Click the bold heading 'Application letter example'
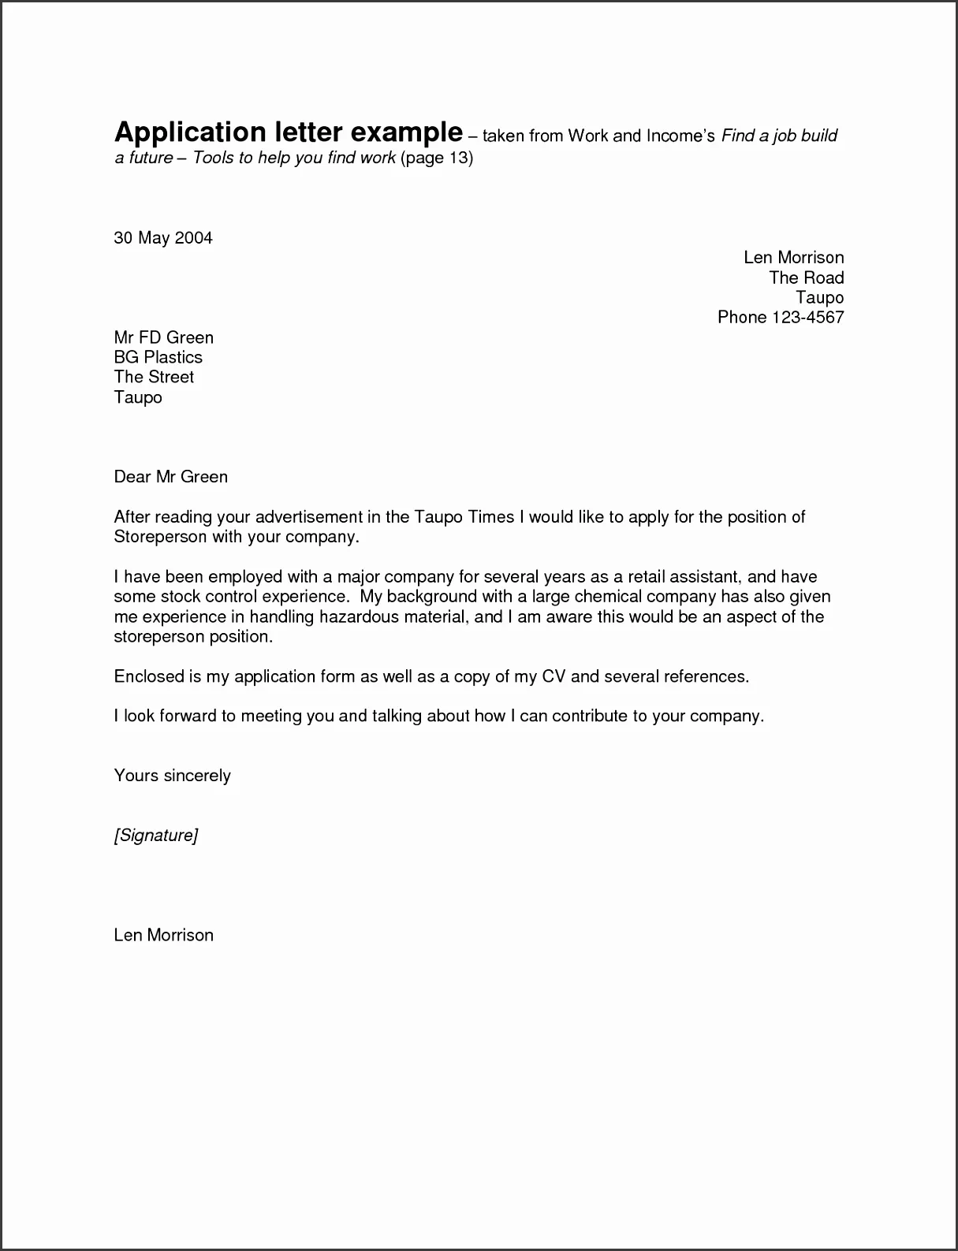pyautogui.click(x=288, y=132)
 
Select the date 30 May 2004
pyautogui.click(x=163, y=238)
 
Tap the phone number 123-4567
pyautogui.click(x=808, y=318)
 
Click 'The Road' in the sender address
pyautogui.click(x=806, y=277)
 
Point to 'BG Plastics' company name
pyautogui.click(x=158, y=357)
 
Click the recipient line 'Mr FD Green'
pyautogui.click(x=163, y=337)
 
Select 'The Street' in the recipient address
pyautogui.click(x=154, y=377)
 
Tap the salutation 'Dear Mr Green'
pyautogui.click(x=170, y=477)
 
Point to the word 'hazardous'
pyautogui.click(x=359, y=616)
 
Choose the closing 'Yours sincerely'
pyautogui.click(x=172, y=776)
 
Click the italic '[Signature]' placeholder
pyautogui.click(x=155, y=835)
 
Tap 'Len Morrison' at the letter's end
pyautogui.click(x=163, y=935)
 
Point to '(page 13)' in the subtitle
pyautogui.click(x=436, y=158)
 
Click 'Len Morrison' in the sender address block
pyautogui.click(x=793, y=258)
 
